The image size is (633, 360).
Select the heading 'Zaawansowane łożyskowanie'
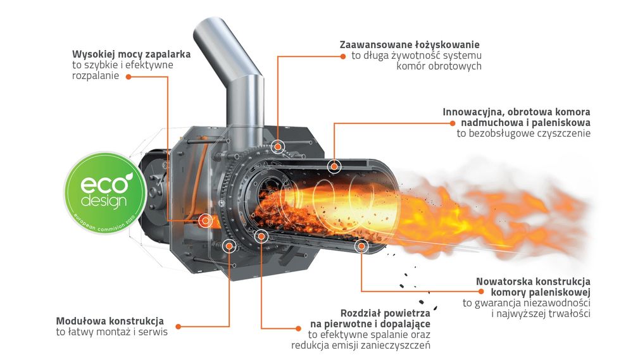point(410,44)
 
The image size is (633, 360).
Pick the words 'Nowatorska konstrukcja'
point(533,280)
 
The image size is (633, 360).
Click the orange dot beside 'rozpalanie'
point(128,77)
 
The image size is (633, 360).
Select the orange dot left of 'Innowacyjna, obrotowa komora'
point(453,122)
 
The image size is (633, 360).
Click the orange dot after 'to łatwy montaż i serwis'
point(179,326)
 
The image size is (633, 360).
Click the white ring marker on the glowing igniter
point(205,220)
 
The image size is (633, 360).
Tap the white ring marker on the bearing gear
point(277,147)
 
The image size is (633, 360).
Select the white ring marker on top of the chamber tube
point(334,166)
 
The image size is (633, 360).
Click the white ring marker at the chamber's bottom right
point(361,246)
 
